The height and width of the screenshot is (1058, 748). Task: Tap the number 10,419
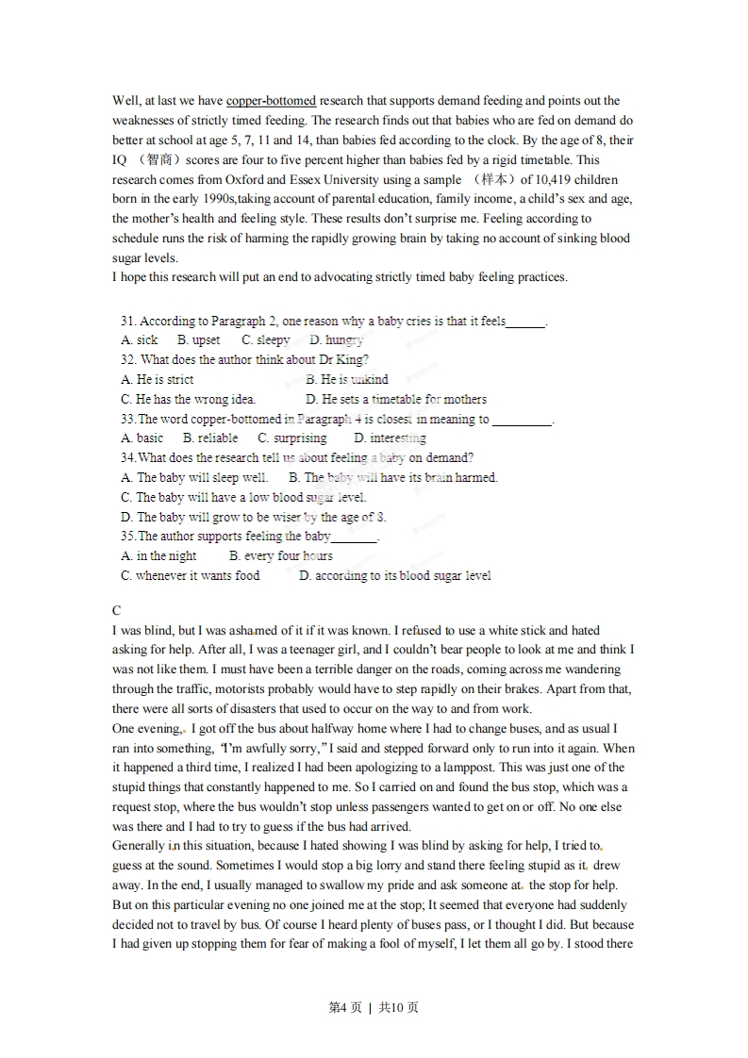556,179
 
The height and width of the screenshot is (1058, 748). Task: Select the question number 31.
129,321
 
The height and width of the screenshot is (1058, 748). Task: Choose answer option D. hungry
337,340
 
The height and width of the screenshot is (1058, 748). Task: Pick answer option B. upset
199,340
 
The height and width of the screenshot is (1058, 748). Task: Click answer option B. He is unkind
347,379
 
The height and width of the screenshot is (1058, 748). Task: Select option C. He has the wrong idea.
189,399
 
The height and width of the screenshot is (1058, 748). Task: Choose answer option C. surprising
292,438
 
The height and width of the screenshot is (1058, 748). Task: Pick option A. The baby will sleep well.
194,478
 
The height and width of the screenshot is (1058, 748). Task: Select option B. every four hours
281,556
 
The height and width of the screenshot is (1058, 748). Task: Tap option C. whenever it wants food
191,575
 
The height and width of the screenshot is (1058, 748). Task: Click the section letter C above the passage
117,611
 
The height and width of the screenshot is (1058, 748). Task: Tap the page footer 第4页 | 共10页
374,1007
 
